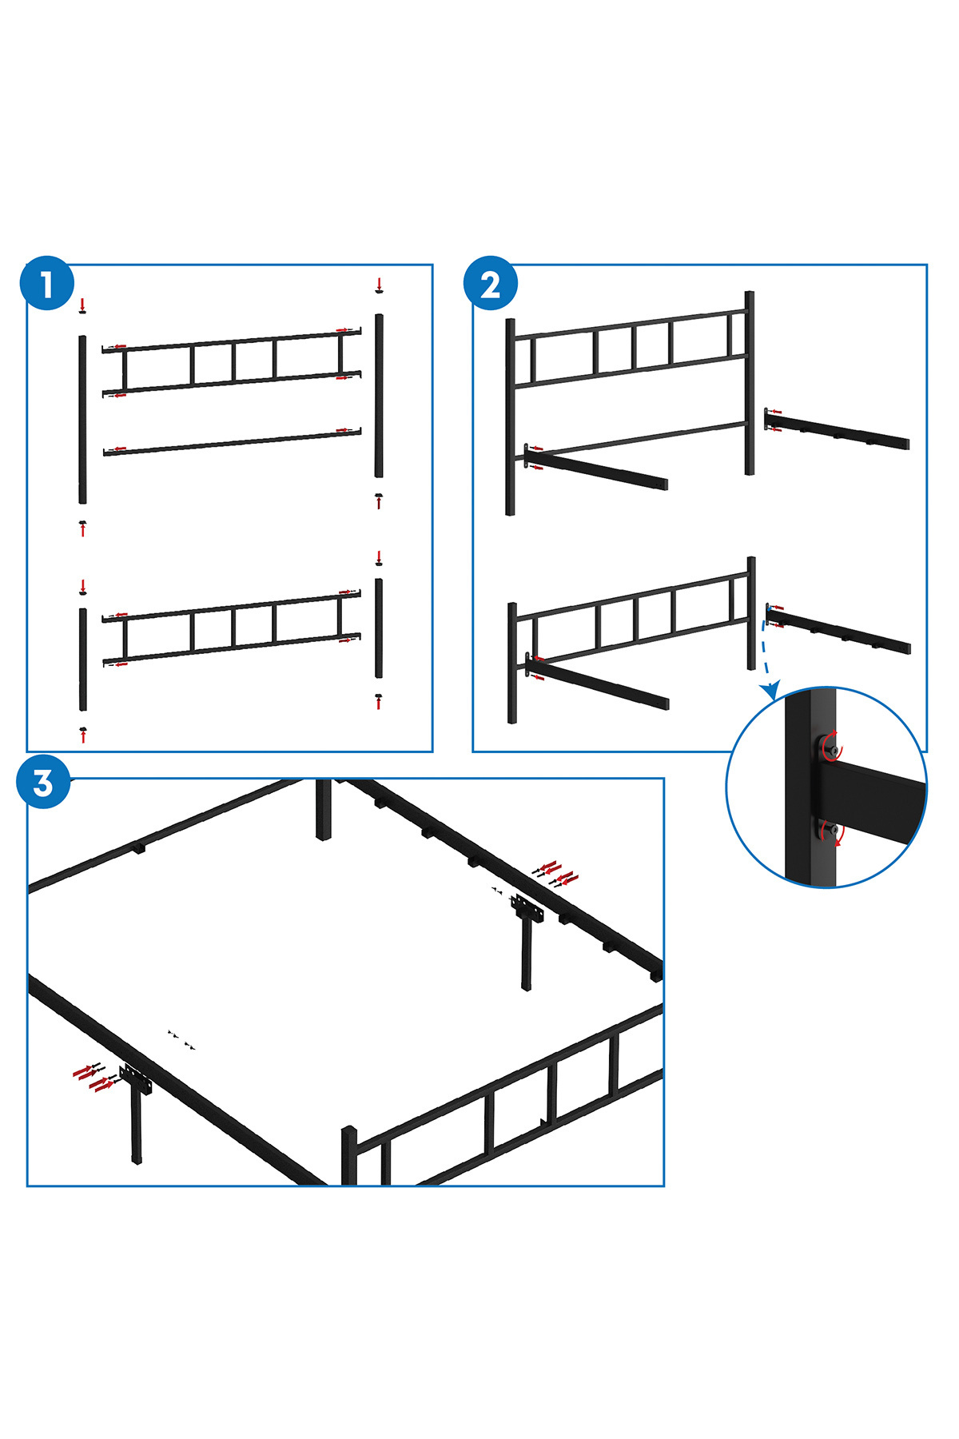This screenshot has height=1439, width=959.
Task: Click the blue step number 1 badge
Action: click(47, 284)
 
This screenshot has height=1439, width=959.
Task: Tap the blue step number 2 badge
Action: click(491, 284)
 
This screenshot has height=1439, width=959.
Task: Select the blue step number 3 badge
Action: click(43, 783)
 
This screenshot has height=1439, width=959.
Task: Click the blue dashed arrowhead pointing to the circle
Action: click(770, 689)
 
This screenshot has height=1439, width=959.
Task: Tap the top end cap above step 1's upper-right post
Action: click(379, 291)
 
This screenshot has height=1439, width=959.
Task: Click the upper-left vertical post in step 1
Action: click(82, 420)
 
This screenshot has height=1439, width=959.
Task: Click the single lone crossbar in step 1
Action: click(233, 442)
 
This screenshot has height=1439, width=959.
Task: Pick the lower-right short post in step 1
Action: click(379, 628)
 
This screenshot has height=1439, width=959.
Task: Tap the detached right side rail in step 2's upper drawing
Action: click(837, 429)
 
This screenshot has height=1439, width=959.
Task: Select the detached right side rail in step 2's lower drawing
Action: click(838, 630)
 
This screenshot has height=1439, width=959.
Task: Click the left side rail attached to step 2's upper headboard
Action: click(596, 468)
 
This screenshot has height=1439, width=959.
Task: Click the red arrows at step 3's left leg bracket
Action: click(93, 1077)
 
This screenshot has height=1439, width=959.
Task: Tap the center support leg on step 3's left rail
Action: click(137, 1114)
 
